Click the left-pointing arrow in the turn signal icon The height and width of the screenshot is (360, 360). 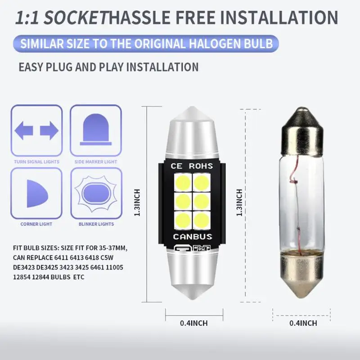tap(24, 130)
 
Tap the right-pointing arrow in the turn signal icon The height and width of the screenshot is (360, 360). tap(49, 130)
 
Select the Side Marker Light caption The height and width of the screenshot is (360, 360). tap(96, 162)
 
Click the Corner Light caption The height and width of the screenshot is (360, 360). tap(36, 224)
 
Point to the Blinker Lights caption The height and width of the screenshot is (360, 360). tap(96, 224)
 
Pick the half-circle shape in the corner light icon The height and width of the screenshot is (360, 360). tap(37, 194)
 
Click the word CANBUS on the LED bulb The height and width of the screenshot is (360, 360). tap(193, 237)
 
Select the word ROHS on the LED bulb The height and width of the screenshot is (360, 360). tap(201, 166)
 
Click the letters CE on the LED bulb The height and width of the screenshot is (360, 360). tap(176, 166)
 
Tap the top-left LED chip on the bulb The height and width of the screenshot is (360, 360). tap(183, 183)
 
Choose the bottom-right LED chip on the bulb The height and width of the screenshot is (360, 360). tap(201, 220)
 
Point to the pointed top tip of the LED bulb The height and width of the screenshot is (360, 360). tap(192, 107)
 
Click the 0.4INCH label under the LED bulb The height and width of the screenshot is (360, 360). tap(194, 323)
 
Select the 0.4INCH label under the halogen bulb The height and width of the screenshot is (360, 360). tap(303, 323)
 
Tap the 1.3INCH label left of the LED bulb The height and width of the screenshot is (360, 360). tap(137, 203)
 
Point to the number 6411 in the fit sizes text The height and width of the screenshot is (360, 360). tap(61, 257)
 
